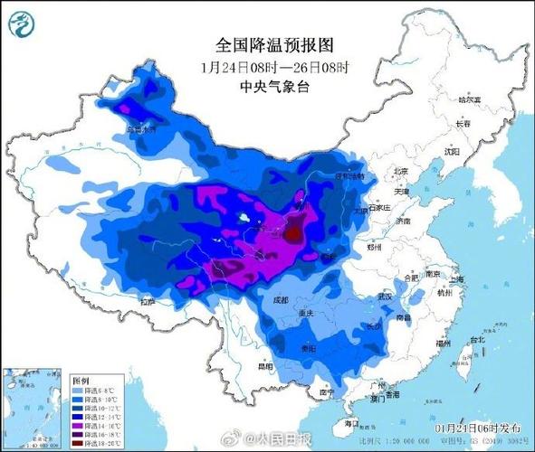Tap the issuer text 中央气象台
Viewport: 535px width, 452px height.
pos(262,87)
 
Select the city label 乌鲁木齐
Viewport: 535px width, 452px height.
pos(142,129)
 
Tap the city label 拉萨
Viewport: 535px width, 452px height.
pos(147,300)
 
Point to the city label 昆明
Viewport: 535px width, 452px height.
pos(264,366)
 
